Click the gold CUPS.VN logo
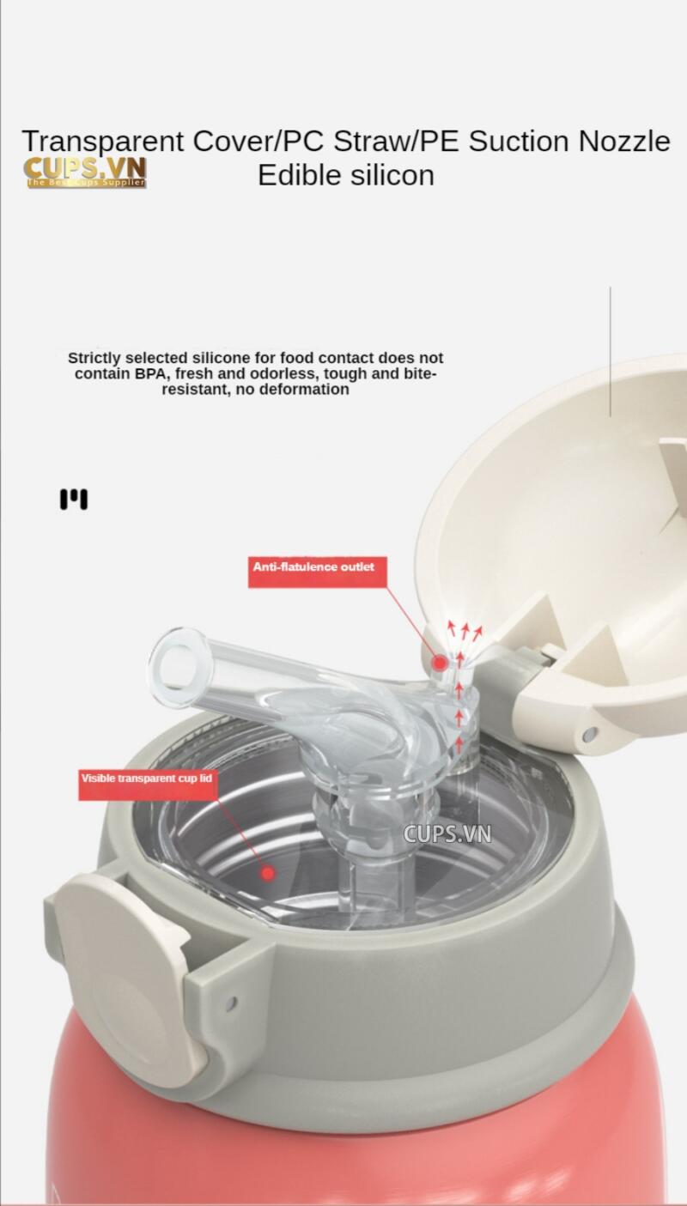click(85, 173)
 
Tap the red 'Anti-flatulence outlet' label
click(318, 572)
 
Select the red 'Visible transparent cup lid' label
click(148, 785)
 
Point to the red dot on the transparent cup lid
click(268, 873)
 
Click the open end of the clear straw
click(176, 667)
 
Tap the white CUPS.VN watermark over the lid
click(447, 834)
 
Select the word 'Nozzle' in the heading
click(624, 141)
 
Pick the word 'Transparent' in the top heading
click(103, 142)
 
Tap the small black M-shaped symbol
click(74, 499)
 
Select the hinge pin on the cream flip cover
click(591, 732)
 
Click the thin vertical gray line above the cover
click(610, 351)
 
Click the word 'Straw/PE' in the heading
click(396, 142)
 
